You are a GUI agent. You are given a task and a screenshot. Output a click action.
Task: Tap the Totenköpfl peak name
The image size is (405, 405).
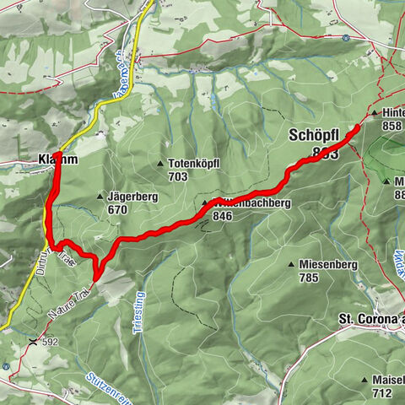196,163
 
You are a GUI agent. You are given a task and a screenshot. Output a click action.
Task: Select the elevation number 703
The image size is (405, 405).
178,176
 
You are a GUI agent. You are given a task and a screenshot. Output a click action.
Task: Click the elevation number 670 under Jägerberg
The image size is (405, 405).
117,209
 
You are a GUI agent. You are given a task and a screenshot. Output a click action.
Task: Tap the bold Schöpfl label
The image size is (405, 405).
315,135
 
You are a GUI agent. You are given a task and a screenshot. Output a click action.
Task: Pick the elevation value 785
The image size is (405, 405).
310,277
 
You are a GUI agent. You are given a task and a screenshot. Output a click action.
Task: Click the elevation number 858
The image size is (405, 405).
391,126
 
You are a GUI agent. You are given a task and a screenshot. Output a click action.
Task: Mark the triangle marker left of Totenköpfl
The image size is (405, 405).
160,163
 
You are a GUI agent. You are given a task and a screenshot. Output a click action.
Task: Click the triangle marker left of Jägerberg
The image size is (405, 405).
100,196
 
